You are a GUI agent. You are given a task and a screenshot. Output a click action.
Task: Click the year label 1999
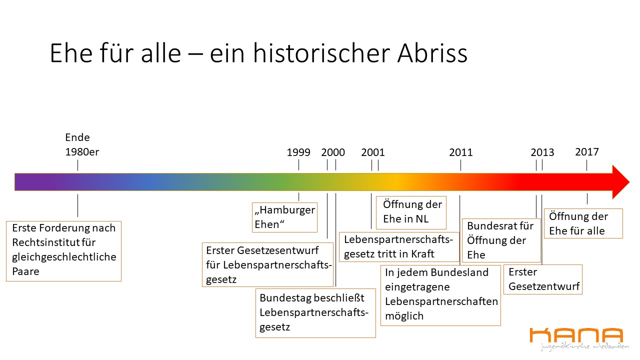tap(298, 152)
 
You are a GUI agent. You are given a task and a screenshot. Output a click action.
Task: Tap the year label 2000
tap(333, 152)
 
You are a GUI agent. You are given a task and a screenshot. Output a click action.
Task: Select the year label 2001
tap(373, 152)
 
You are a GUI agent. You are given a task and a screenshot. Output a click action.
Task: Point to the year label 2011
tap(461, 152)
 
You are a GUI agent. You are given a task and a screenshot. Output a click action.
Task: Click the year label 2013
tap(542, 152)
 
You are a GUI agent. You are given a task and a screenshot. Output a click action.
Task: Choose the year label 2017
tap(587, 151)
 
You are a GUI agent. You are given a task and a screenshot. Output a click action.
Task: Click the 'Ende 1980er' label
tap(82, 144)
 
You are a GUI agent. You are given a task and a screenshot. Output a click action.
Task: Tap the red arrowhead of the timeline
tap(620, 182)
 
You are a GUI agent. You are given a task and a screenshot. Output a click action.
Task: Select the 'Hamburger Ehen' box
tap(284, 217)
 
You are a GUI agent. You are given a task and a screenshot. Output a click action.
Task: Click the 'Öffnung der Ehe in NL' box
tap(411, 212)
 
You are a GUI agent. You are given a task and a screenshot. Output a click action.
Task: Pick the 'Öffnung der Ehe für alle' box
tap(583, 223)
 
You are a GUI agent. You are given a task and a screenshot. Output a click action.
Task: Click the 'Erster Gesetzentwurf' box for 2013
tap(543, 279)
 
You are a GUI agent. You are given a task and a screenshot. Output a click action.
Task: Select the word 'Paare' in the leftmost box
tap(25, 271)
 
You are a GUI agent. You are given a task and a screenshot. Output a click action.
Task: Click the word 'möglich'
tap(404, 316)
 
